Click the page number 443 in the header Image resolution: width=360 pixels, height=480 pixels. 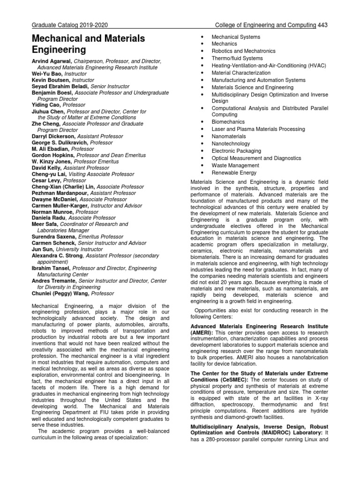coord(322,24)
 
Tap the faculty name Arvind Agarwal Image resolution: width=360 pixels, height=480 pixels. coord(52,61)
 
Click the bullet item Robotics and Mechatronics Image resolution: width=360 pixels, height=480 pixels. coord(243,51)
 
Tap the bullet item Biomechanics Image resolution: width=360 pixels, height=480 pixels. coord(228,122)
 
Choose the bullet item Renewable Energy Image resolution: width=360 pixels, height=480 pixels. coord(234,172)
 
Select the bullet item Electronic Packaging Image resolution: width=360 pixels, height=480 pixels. coord(236,151)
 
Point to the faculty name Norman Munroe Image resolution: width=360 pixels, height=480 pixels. coord(54,212)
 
